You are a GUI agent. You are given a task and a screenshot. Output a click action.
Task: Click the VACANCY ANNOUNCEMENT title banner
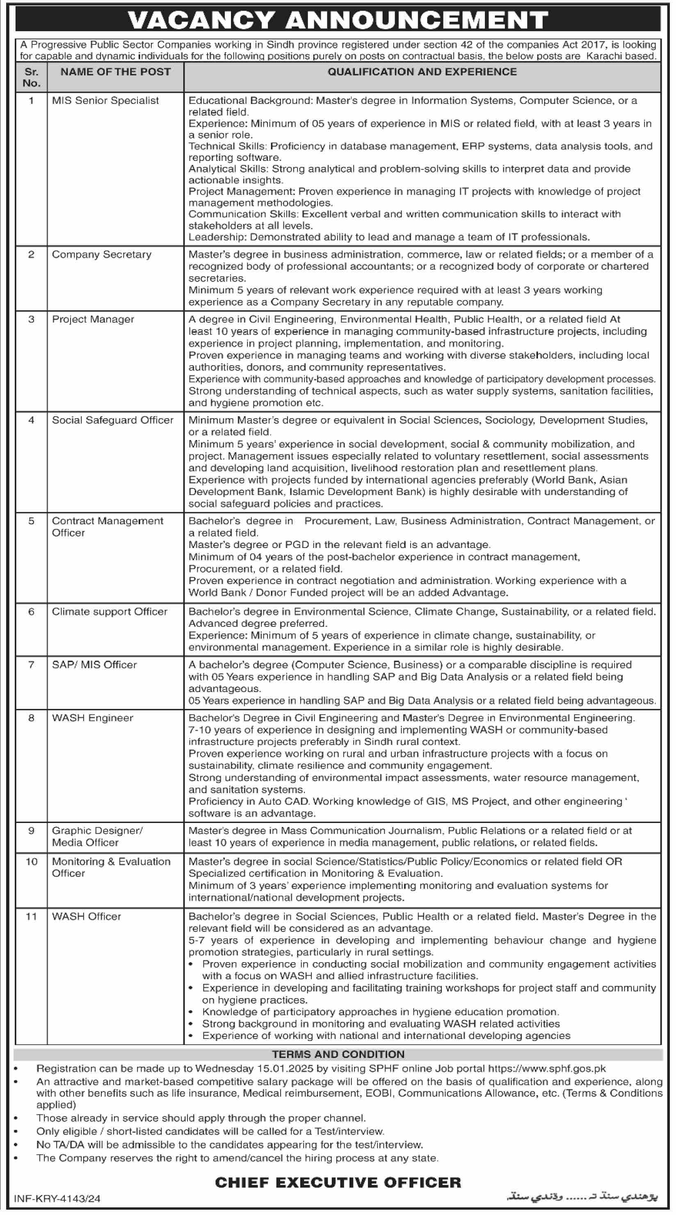tap(338, 20)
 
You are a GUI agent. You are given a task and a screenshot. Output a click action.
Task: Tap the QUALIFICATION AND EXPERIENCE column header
tap(422, 72)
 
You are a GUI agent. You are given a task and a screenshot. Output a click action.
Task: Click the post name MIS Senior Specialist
tap(105, 101)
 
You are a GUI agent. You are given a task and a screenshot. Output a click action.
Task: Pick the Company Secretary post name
tap(101, 254)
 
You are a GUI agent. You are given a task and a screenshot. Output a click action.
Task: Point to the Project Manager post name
tap(93, 319)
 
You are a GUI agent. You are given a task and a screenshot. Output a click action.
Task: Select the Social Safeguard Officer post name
tap(112, 420)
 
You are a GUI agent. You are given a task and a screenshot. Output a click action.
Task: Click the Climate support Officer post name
tap(110, 612)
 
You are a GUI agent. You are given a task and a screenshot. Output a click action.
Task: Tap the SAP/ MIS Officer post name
tap(94, 665)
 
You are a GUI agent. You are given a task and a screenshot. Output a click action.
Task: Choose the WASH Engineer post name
tap(92, 718)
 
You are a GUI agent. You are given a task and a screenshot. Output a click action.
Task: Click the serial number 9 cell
tap(31, 831)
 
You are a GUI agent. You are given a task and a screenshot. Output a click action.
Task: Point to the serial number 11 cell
tap(31, 917)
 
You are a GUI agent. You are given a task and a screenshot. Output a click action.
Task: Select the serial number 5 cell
tap(31, 521)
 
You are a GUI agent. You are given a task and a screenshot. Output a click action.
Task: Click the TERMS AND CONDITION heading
tap(338, 1054)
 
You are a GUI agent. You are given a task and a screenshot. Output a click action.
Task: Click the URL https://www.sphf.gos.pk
tap(546, 1069)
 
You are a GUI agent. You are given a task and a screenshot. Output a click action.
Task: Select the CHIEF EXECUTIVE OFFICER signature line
tap(338, 1182)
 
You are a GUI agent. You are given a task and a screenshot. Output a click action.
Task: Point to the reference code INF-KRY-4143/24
tap(57, 1199)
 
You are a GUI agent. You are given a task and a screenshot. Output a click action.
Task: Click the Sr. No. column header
tap(31, 77)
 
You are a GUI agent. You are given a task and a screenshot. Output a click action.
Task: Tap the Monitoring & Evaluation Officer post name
tap(111, 867)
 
